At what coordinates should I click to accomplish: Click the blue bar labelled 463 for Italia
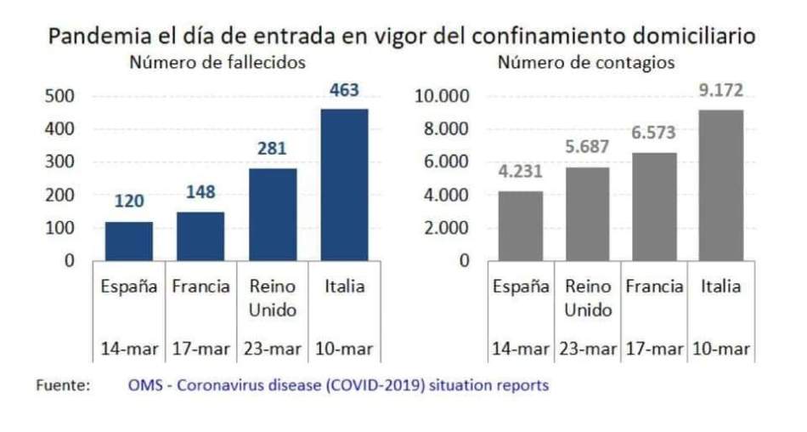pyautogui.click(x=344, y=185)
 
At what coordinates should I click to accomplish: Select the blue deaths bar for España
pyautogui.click(x=128, y=242)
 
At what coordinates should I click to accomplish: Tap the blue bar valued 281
pyautogui.click(x=273, y=214)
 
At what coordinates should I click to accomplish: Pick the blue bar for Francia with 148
pyautogui.click(x=200, y=236)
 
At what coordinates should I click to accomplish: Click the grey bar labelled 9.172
pyautogui.click(x=720, y=185)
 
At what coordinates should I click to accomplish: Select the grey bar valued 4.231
pyautogui.click(x=520, y=226)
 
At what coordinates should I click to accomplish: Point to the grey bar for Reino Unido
pyautogui.click(x=587, y=214)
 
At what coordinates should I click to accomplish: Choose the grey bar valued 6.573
pyautogui.click(x=653, y=207)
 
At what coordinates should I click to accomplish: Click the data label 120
pyautogui.click(x=129, y=202)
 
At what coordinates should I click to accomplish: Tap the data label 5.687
pyautogui.click(x=587, y=148)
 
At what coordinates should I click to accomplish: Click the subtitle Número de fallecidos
pyautogui.click(x=217, y=62)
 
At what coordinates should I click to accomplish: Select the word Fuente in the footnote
pyautogui.click(x=62, y=385)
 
